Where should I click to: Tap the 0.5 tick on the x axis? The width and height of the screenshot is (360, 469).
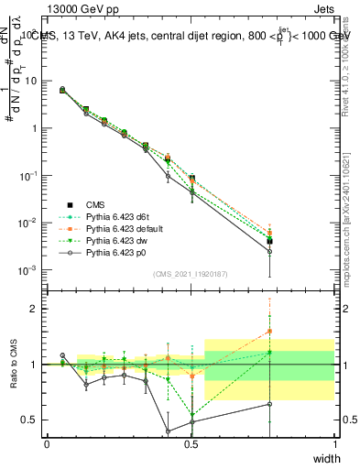coord(191,444)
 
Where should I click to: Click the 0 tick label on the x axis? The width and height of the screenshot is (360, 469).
coord(48,444)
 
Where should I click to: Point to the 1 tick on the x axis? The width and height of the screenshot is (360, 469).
coord(334,444)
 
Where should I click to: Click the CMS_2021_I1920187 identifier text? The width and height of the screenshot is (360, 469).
coord(191,274)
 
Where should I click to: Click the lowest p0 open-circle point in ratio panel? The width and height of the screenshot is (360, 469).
coord(168,431)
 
